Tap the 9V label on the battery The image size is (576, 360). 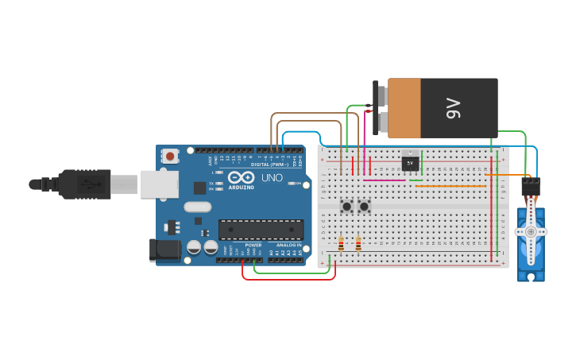click(453, 107)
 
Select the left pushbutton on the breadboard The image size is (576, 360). click(347, 207)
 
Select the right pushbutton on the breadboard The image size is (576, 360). click(364, 207)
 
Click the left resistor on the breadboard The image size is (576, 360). click(341, 244)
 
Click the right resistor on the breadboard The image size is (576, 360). click(358, 244)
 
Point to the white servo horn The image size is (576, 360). click(531, 231)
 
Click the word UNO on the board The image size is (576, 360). click(273, 177)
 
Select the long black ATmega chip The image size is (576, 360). click(261, 229)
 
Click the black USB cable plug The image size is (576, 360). click(79, 184)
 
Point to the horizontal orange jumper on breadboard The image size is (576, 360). click(450, 186)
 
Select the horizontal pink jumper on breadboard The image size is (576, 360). click(384, 180)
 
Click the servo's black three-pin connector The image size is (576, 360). click(531, 187)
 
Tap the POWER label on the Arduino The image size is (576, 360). click(253, 246)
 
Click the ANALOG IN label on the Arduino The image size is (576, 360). click(287, 246)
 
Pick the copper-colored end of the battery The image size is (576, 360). click(404, 108)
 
